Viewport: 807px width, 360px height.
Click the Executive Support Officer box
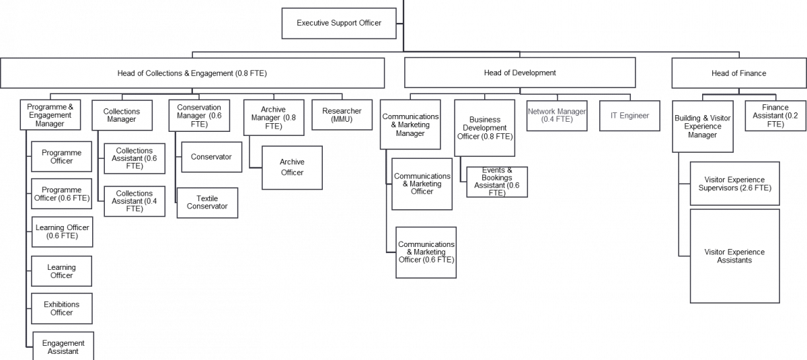click(339, 23)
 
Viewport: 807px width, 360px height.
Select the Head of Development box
click(520, 73)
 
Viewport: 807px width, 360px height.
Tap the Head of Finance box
click(739, 73)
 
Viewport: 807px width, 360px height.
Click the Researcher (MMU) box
click(342, 115)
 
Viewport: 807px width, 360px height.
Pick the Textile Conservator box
click(207, 203)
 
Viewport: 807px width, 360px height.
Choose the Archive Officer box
click(292, 168)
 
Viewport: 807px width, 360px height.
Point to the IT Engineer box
click(629, 116)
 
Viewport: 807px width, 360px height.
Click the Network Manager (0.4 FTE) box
click(557, 116)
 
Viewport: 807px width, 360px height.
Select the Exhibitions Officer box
click(62, 308)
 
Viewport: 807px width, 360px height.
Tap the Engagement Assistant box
click(63, 346)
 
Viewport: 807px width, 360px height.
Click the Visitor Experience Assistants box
click(735, 256)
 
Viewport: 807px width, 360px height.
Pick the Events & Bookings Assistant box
click(497, 182)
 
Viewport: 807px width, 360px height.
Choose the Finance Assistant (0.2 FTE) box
click(775, 116)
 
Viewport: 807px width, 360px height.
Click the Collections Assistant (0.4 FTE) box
click(134, 201)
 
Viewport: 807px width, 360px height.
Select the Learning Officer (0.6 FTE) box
click(63, 231)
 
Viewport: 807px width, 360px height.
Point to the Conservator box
click(211, 157)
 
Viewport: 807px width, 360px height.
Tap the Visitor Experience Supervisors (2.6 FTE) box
click(735, 184)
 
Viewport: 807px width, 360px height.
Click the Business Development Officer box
click(485, 128)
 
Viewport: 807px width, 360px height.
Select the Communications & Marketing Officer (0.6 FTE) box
click(426, 252)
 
